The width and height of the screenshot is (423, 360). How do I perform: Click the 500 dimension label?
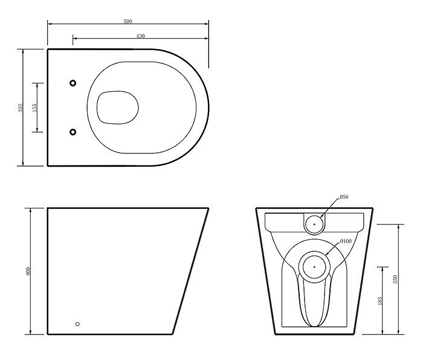pos(128,22)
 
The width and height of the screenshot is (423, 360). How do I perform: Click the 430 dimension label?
pos(140,36)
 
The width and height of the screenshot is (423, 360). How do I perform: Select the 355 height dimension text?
pos(21,108)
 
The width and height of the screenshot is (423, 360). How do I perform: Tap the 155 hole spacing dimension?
pos(34,108)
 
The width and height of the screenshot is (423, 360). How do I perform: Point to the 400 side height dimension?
pos(28,271)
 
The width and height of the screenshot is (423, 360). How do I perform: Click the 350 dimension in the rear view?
pos(395,279)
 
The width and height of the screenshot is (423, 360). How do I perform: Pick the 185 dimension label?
pos(379,300)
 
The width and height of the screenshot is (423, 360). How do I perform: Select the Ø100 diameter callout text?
pos(346,242)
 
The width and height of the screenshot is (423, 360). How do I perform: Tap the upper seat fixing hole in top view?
pos(73,83)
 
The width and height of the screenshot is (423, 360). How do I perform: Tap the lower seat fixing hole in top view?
pos(73,132)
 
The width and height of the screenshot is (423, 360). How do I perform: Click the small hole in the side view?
pos(77,324)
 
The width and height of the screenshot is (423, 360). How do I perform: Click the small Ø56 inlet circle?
pos(314,224)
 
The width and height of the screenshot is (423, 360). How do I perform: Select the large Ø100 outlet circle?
pos(314,266)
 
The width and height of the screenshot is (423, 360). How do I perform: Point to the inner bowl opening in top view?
pos(117,108)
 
